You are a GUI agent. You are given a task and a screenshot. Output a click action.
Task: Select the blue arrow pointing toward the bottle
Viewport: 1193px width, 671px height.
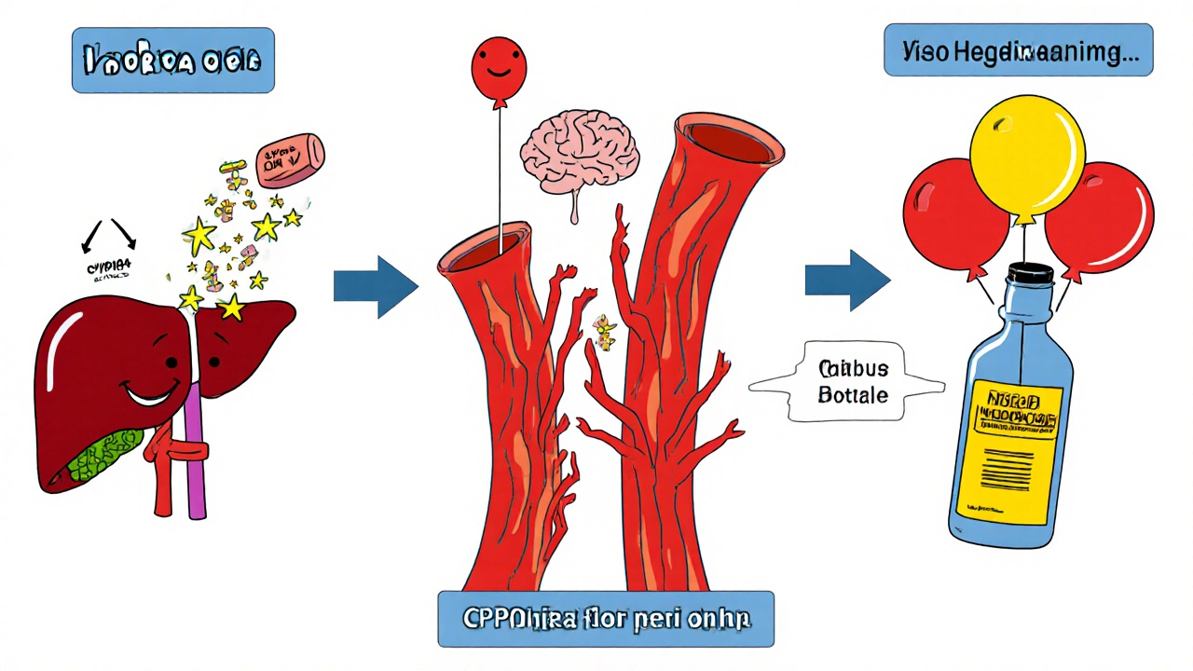pos(846,278)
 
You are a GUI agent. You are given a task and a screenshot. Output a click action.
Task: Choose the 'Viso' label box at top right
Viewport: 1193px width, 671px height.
pos(1019,52)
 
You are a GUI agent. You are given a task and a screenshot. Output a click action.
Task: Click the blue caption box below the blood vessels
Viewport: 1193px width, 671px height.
pos(606,618)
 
